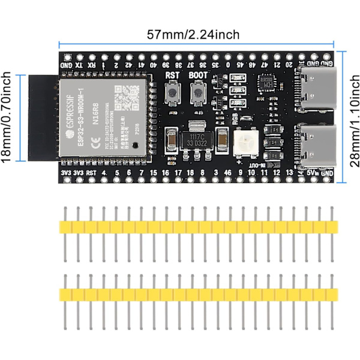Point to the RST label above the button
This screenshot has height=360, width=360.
[173, 76]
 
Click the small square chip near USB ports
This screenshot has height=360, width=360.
[265, 85]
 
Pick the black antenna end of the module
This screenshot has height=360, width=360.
[43, 118]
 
